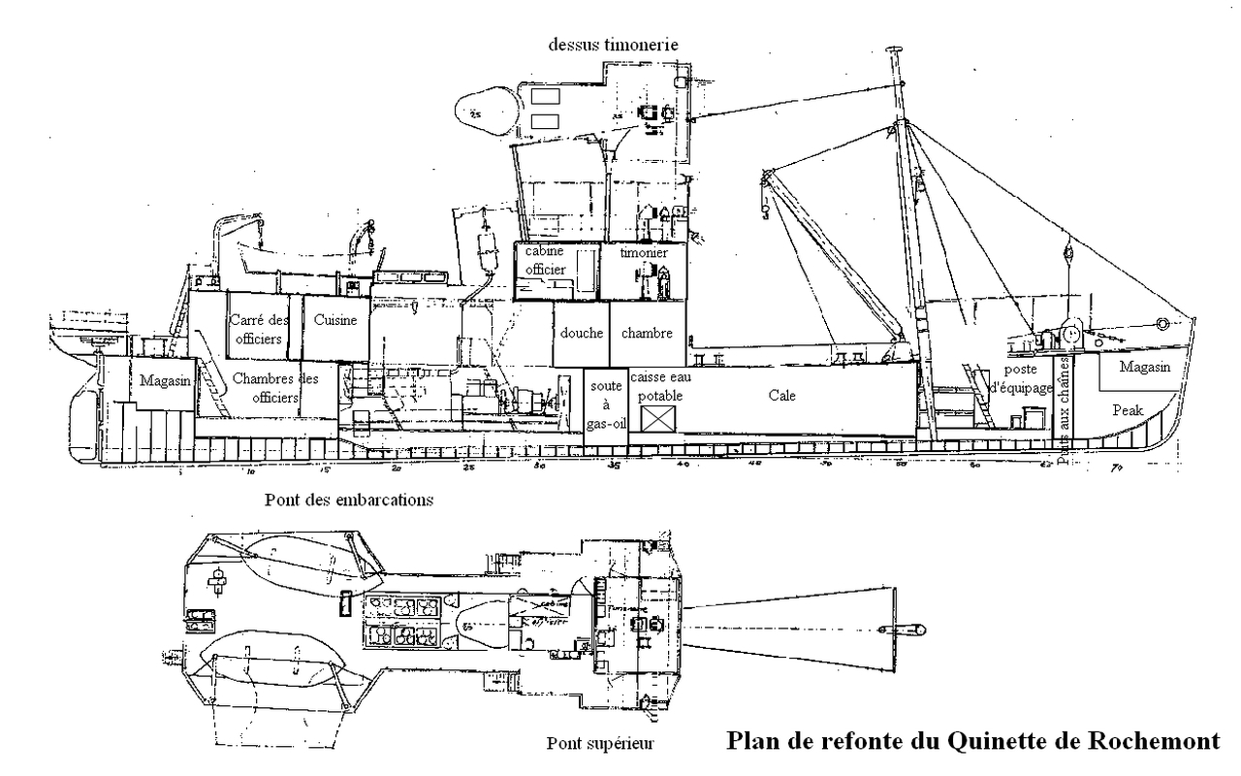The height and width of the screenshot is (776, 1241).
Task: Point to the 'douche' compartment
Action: tap(582, 333)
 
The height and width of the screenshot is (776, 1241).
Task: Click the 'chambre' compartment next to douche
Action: tap(647, 333)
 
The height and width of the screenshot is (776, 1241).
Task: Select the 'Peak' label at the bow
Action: tap(1128, 409)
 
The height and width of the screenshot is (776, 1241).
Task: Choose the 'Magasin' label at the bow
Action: tap(1144, 367)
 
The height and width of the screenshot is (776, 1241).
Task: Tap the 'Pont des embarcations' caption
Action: tap(348, 501)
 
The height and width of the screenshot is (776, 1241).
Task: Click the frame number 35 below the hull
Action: tap(614, 465)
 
